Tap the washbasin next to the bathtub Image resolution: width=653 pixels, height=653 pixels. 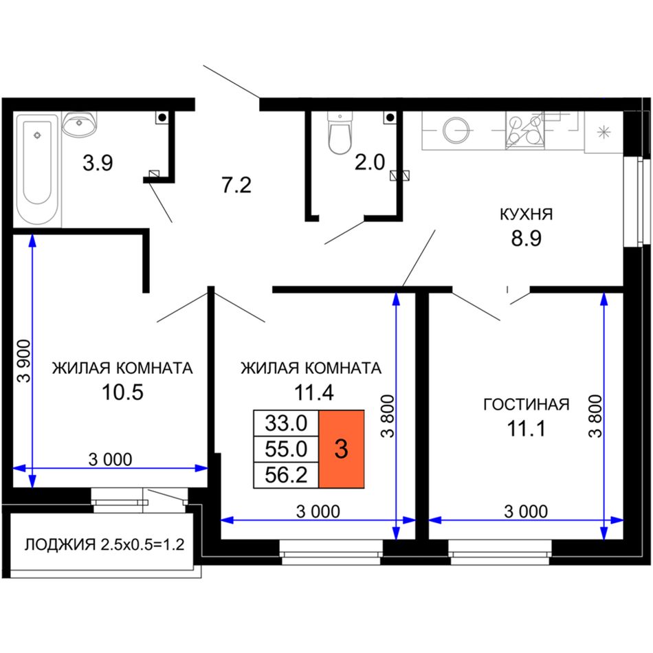(80, 123)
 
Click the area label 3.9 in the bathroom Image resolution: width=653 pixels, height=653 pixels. (98, 163)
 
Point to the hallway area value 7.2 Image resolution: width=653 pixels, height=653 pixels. (236, 186)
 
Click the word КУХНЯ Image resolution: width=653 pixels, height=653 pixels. (526, 214)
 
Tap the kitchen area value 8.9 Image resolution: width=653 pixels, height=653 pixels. (527, 239)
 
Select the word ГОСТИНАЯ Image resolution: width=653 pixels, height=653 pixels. (527, 404)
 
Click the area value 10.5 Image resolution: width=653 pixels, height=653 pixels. (122, 392)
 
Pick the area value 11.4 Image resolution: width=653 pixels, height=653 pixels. (314, 392)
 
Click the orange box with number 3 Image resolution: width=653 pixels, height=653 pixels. (342, 449)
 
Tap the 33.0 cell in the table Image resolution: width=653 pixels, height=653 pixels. (286, 423)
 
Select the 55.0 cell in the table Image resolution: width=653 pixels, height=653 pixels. (286, 449)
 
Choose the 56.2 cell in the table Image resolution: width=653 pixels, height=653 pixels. (286, 475)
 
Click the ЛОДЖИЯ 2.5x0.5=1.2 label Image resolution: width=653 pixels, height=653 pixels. (104, 544)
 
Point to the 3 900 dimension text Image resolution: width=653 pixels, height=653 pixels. (25, 361)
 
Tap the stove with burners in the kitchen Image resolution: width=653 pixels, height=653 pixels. (525, 130)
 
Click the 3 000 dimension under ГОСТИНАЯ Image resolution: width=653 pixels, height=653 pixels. (526, 511)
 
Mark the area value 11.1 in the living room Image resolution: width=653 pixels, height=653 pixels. (527, 428)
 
